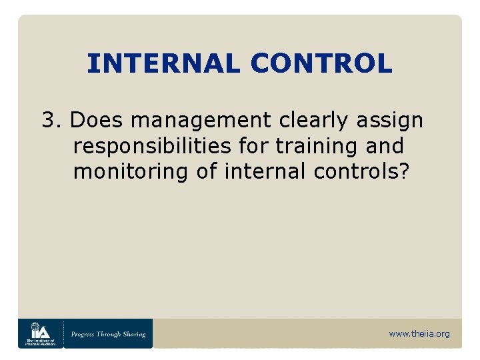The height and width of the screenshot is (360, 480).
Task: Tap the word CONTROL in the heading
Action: pos(321,64)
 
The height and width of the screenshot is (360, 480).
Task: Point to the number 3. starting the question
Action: pos(52,121)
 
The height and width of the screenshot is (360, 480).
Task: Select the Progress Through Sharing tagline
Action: pos(109,334)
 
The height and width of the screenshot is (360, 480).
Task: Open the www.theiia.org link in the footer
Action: pos(419,334)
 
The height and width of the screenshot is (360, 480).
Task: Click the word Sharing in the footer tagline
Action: pos(133,334)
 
